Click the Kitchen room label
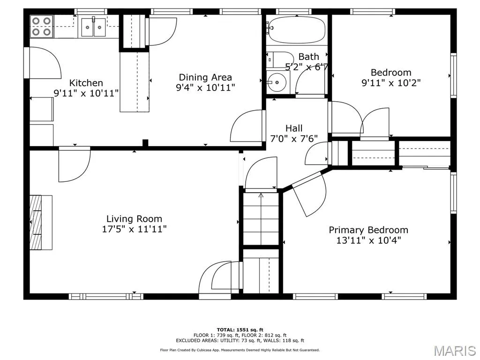(86, 83)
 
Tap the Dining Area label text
(205, 77)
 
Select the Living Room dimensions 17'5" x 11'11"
(134, 229)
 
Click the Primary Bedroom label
(368, 230)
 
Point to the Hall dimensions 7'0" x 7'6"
(294, 139)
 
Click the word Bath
(308, 57)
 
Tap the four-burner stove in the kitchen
(42, 26)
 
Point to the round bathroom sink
(276, 82)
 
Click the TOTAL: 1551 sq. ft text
(240, 330)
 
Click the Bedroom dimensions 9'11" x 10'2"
(391, 82)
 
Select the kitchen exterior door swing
(42, 63)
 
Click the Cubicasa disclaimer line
(240, 350)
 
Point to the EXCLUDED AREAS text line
(240, 340)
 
